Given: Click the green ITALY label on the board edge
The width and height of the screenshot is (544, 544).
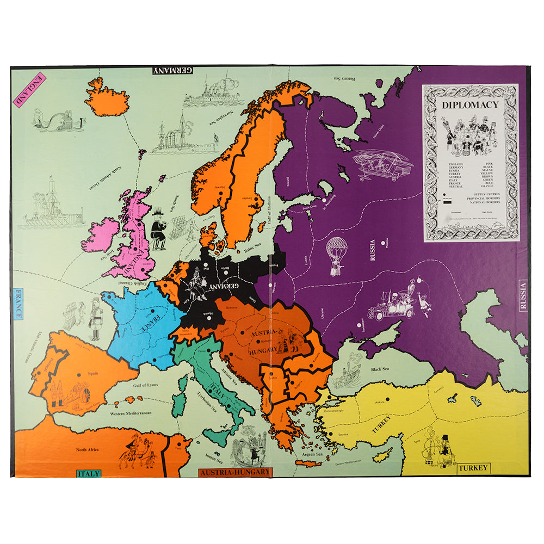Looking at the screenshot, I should pyautogui.click(x=88, y=473).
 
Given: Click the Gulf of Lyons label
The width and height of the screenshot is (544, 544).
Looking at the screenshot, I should pyautogui.click(x=145, y=385).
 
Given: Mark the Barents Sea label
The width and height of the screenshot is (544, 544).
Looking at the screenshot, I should pyautogui.click(x=347, y=78).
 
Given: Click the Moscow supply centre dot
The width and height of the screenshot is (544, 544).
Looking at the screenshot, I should pyautogui.click(x=384, y=243).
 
